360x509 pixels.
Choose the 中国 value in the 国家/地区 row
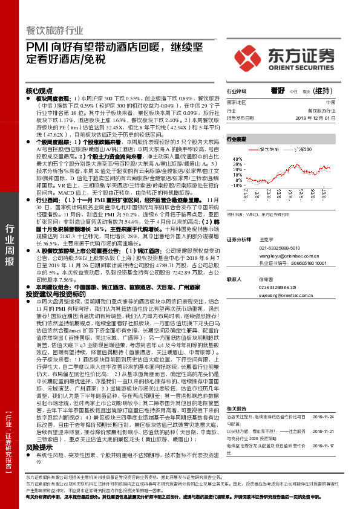point(330,103)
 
